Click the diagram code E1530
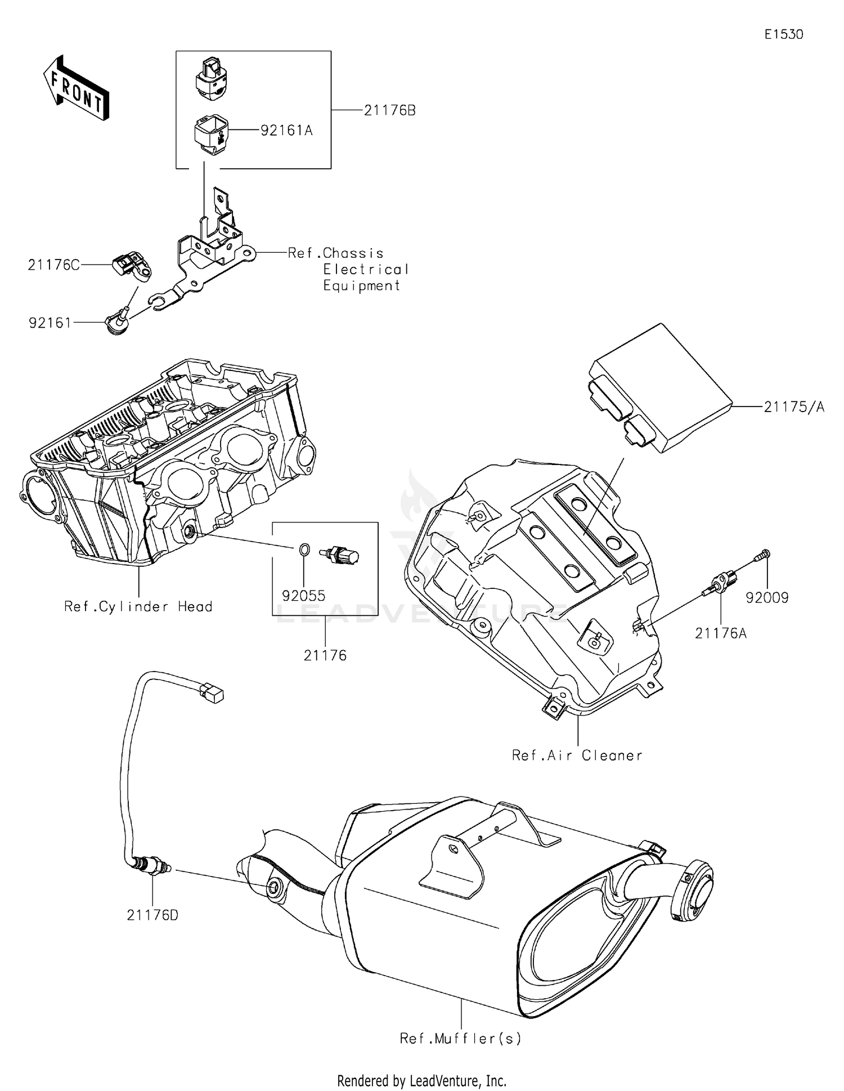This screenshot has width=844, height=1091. [784, 34]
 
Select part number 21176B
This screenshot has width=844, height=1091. [389, 111]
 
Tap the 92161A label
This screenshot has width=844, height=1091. [286, 131]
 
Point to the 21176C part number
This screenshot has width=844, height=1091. [54, 265]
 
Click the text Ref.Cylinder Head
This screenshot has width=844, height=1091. [138, 606]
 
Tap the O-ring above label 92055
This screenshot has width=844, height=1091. [303, 548]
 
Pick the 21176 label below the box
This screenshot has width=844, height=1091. [325, 655]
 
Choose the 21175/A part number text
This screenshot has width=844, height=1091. [794, 407]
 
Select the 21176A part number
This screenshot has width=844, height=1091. [721, 633]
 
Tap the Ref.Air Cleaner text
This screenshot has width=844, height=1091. [577, 755]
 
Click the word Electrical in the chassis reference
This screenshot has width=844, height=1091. [366, 270]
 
